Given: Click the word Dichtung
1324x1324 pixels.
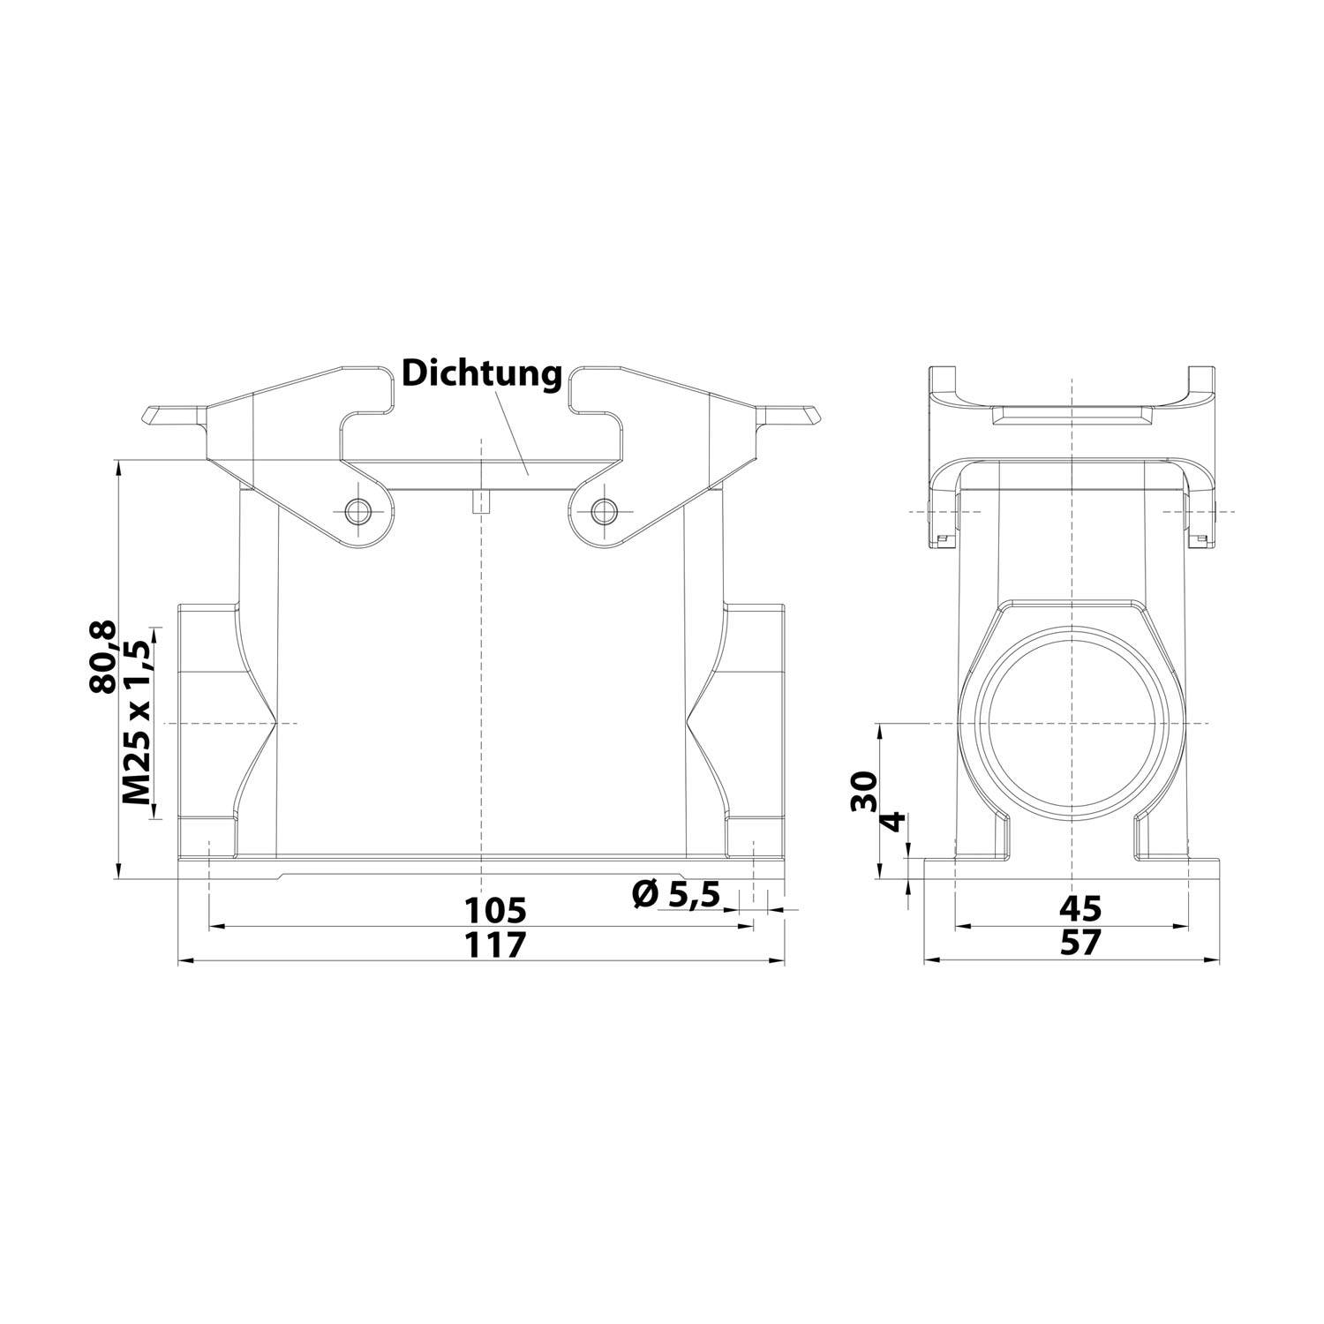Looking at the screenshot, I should pyautogui.click(x=482, y=374).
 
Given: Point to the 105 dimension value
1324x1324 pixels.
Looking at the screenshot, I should pyautogui.click(x=495, y=910).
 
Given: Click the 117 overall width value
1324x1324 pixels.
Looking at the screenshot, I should pyautogui.click(x=495, y=944).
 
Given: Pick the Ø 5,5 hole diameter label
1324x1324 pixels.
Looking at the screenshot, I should pyautogui.click(x=676, y=895).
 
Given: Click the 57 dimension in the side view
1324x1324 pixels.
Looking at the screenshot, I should pyautogui.click(x=1080, y=944).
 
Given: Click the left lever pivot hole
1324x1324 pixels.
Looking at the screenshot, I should pyautogui.click(x=358, y=511).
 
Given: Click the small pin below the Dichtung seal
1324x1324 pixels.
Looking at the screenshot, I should pyautogui.click(x=480, y=504).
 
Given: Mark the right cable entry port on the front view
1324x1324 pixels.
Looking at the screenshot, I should pyautogui.click(x=755, y=724).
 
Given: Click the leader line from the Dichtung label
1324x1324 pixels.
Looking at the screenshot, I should pyautogui.click(x=513, y=433).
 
